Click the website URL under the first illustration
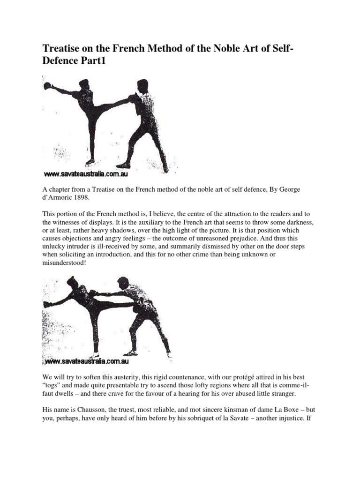86,174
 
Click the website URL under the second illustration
87,361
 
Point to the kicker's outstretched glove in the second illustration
47,304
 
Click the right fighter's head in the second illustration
123,283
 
